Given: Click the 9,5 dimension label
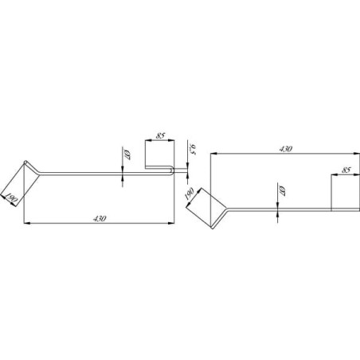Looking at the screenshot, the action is pyautogui.click(x=193, y=150).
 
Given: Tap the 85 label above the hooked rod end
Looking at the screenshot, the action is pyautogui.click(x=160, y=135).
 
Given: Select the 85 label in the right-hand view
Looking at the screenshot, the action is pyautogui.click(x=346, y=170).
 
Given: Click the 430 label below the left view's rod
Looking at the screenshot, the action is pyautogui.click(x=100, y=219).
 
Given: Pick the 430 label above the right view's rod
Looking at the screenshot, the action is pyautogui.click(x=286, y=149).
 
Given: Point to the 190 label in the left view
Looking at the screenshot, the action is pyautogui.click(x=11, y=198).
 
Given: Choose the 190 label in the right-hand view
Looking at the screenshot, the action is pyautogui.click(x=189, y=194).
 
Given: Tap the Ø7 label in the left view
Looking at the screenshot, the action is pyautogui.click(x=127, y=155).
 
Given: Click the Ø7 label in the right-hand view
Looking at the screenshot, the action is pyautogui.click(x=283, y=191).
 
